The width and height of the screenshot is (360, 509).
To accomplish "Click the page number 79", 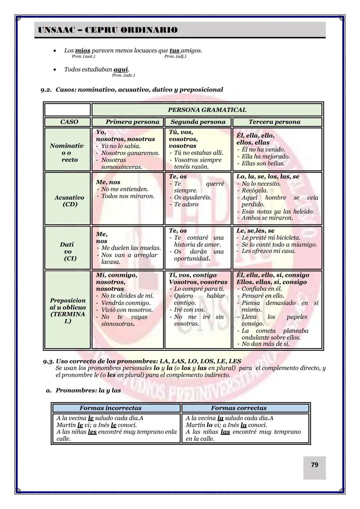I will click(x=314, y=465).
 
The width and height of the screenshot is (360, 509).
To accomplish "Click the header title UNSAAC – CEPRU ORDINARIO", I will click(x=108, y=30).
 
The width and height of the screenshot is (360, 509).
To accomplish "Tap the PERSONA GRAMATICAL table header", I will click(x=207, y=110).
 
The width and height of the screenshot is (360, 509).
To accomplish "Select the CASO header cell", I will click(x=69, y=122).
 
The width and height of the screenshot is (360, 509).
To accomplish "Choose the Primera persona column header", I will click(x=132, y=122).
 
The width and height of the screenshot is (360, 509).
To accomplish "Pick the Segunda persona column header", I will click(x=198, y=122).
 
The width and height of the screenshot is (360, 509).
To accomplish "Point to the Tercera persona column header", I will click(x=274, y=122).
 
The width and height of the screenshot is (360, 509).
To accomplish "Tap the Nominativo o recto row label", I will click(x=67, y=153).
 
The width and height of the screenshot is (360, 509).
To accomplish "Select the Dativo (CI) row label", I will click(x=67, y=251).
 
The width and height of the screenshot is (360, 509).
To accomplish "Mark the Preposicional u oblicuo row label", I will click(x=68, y=311).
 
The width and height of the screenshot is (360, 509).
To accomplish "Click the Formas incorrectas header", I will click(x=110, y=408).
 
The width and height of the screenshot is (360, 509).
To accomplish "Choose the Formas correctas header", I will click(x=239, y=408).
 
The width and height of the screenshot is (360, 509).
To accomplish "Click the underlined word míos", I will click(x=83, y=51).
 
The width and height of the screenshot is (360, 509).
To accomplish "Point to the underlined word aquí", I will click(x=121, y=69).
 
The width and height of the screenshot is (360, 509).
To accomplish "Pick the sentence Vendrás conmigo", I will click(x=126, y=303).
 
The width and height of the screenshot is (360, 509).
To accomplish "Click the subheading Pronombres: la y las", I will click(x=88, y=390).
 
